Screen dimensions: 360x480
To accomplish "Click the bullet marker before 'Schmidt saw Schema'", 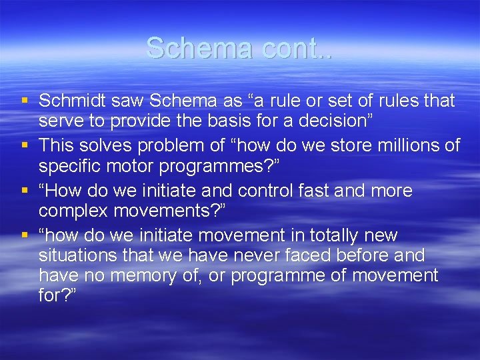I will (x=25, y=101).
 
